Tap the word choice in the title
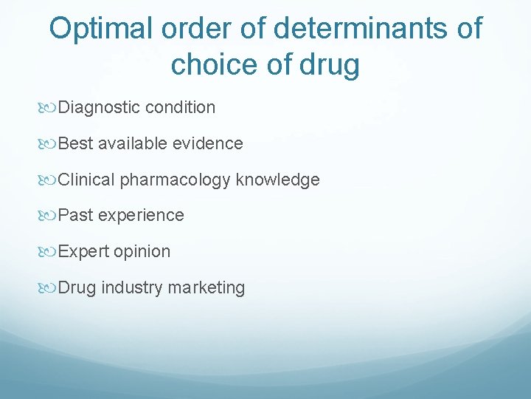point(215,65)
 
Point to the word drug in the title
point(330,65)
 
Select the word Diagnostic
point(99,108)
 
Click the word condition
point(181,108)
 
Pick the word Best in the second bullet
point(74,143)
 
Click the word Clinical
point(86,180)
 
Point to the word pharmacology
point(176,180)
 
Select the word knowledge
point(278,180)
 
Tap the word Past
point(75,216)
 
